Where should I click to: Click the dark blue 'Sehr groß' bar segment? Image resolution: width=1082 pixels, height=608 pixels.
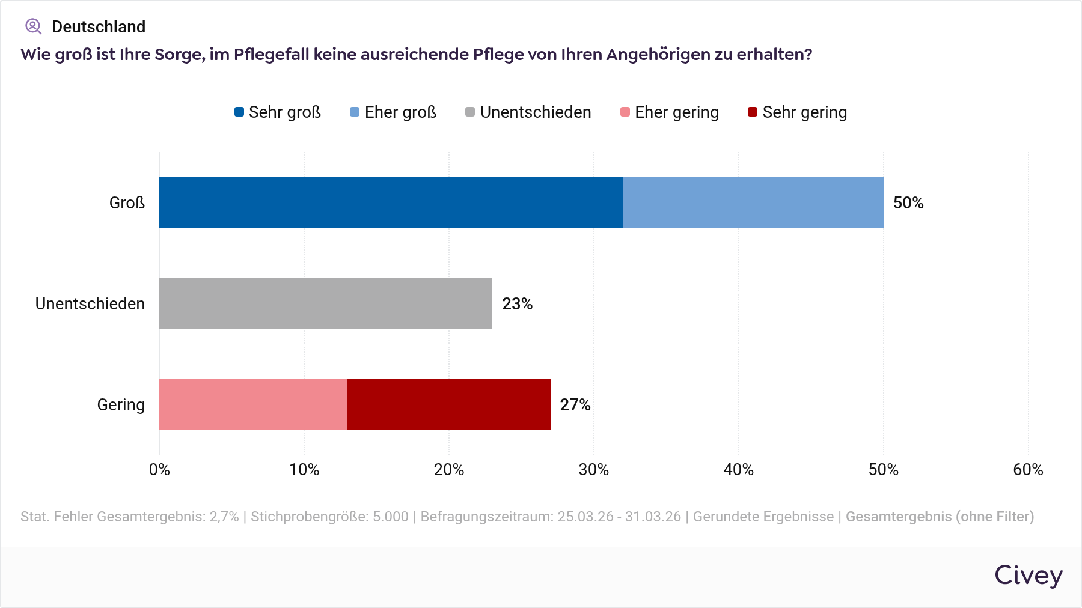pos(391,202)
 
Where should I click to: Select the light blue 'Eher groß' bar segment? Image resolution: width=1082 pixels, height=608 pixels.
pos(753,202)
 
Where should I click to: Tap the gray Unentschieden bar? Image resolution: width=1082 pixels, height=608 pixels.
pos(325,303)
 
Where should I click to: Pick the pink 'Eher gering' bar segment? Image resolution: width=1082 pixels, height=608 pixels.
pos(253,404)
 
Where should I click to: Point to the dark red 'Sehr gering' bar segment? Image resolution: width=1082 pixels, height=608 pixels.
pos(448,404)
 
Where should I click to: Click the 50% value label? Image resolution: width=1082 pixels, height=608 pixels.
pos(908,203)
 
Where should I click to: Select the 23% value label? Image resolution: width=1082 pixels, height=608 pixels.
pos(517,304)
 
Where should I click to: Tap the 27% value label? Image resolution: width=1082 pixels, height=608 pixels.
pos(575,405)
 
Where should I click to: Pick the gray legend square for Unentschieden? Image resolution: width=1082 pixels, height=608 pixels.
pos(470,112)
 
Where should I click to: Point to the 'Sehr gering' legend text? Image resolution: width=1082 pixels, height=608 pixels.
pos(804,112)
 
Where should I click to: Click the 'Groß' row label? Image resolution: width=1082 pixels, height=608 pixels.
pos(127,203)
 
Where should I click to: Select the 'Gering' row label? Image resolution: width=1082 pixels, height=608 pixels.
pos(121,405)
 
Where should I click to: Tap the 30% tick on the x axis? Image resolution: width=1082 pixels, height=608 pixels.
pos(593,470)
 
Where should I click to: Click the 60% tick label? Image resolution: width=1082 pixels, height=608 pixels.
pos(1028,470)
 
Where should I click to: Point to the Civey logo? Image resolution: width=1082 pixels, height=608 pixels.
pos(1028,575)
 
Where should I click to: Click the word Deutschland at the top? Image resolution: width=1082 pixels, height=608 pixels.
pos(99,26)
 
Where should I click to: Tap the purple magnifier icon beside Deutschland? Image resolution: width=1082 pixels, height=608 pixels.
pos(33,26)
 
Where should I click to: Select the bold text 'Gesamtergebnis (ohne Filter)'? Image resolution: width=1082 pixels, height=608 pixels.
pos(940,517)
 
